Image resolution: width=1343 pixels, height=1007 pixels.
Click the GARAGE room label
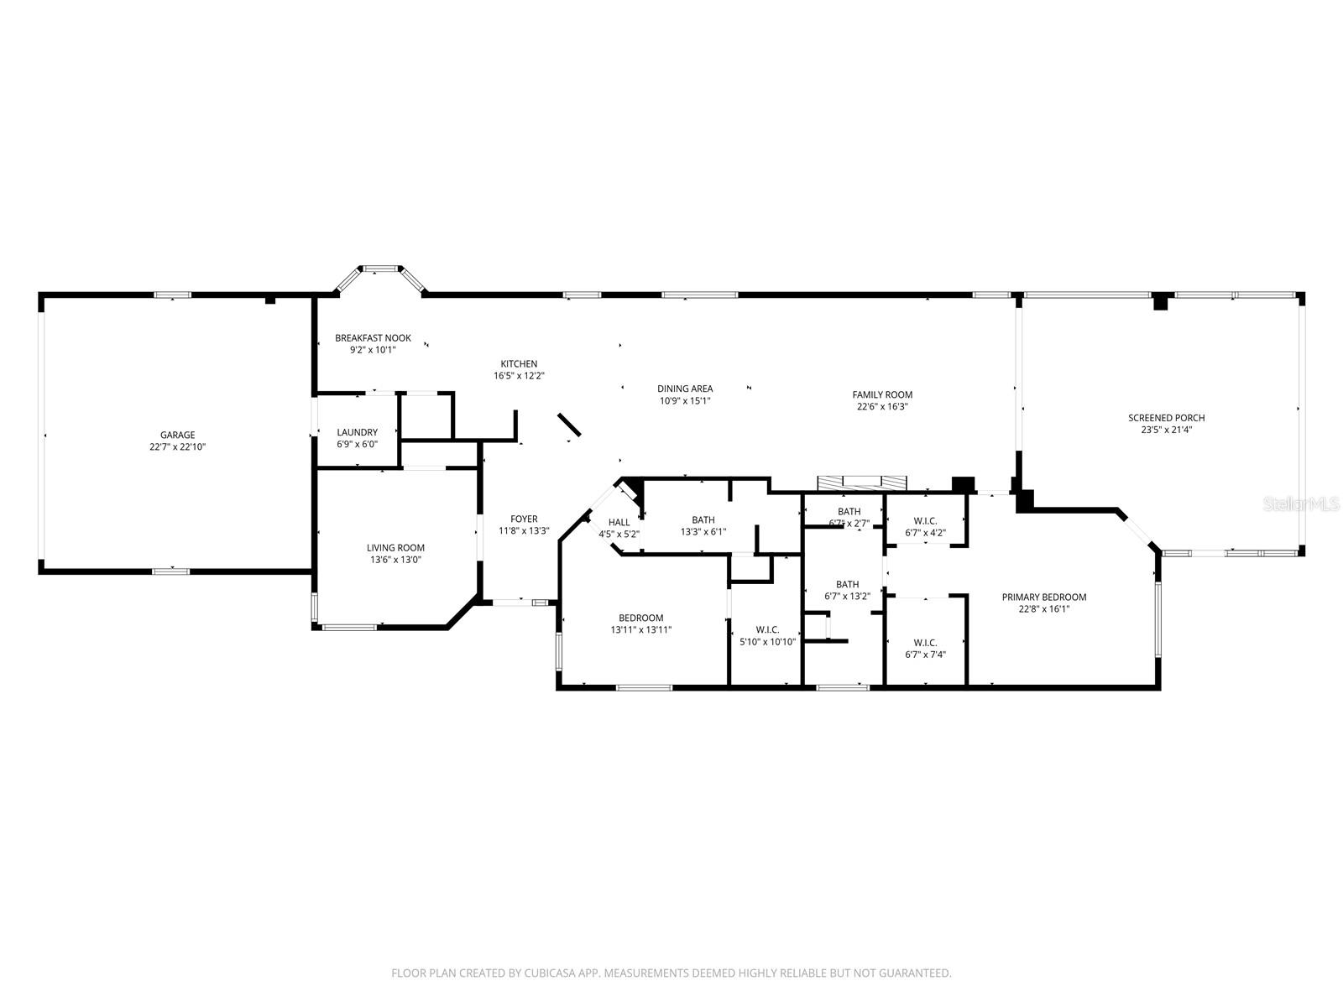178,435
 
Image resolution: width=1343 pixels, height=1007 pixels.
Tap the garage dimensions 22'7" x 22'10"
178,447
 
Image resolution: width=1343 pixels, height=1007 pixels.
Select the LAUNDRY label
358,432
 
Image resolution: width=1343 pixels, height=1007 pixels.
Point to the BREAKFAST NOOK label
373,338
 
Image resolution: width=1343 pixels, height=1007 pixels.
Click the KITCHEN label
519,363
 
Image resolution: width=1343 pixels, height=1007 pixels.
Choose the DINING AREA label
685,389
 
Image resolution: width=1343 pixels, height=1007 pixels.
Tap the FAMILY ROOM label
882,394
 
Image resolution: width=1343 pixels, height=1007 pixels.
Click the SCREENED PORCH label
1166,418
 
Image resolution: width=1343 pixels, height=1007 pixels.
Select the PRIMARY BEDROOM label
1043,597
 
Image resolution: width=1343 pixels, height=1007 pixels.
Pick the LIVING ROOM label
395,548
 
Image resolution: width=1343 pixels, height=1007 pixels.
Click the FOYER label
524,519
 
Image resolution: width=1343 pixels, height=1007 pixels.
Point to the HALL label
619,522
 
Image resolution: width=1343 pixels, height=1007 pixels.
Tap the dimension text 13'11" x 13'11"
641,630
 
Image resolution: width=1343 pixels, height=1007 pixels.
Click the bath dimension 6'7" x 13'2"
847,597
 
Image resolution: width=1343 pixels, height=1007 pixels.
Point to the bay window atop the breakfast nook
381,269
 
